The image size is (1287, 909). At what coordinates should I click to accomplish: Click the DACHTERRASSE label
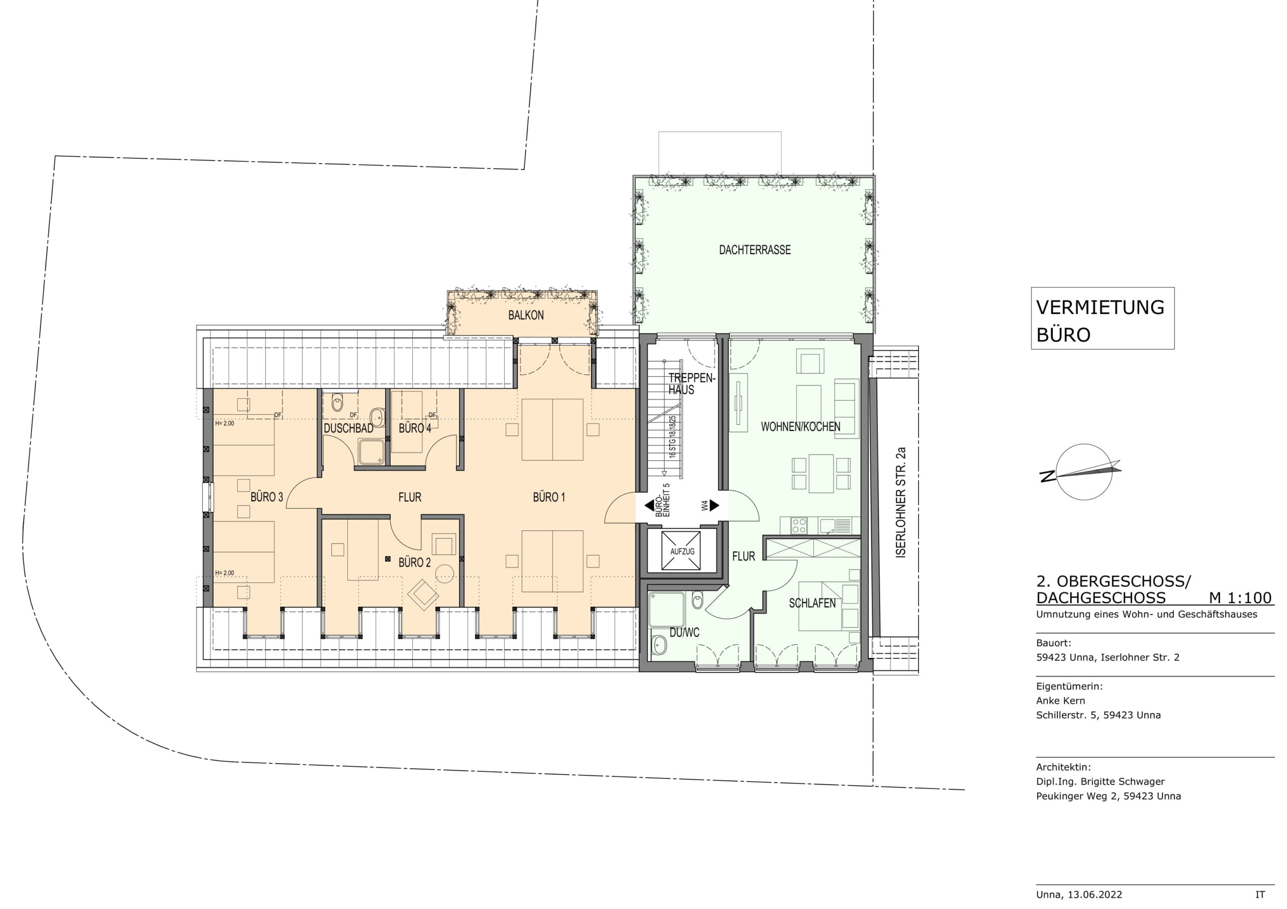pyautogui.click(x=755, y=250)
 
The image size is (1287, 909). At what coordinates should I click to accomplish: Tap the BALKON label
pyautogui.click(x=525, y=315)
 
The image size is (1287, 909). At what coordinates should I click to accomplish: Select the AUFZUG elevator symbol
pyautogui.click(x=682, y=551)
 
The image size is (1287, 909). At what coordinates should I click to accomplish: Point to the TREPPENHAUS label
pyautogui.click(x=691, y=384)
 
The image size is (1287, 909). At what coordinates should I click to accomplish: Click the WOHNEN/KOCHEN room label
pyautogui.click(x=800, y=427)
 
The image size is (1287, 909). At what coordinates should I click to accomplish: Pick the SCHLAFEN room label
pyautogui.click(x=812, y=603)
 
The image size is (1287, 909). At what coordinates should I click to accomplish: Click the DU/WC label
pyautogui.click(x=684, y=633)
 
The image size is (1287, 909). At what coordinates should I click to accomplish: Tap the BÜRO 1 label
pyautogui.click(x=549, y=497)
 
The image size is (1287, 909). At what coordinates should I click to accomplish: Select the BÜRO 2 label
pyautogui.click(x=414, y=562)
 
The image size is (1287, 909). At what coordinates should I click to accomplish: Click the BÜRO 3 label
pyautogui.click(x=267, y=497)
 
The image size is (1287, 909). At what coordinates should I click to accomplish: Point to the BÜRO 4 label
pyautogui.click(x=415, y=428)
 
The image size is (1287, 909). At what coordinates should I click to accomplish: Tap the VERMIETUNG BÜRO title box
pyautogui.click(x=1102, y=318)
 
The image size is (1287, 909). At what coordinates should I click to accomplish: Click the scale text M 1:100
pyautogui.click(x=1240, y=598)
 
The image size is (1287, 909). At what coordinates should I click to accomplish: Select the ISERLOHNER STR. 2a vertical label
pyautogui.click(x=901, y=502)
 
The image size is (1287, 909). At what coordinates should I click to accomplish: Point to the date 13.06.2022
pyautogui.click(x=1094, y=895)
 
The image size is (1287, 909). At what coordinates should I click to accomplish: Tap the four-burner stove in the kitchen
pyautogui.click(x=799, y=525)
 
